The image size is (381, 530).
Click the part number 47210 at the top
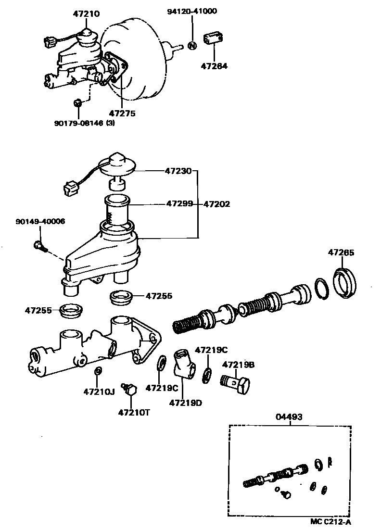click(87, 14)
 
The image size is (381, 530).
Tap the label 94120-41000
click(192, 11)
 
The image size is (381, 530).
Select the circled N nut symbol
click(192, 46)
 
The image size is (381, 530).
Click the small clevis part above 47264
click(214, 39)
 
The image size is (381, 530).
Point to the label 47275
click(122, 114)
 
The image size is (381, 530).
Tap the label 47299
click(179, 204)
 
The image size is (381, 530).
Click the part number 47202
click(216, 204)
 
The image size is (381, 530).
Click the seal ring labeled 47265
click(346, 283)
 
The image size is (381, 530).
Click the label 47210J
click(99, 391)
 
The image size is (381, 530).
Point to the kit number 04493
click(289, 417)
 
